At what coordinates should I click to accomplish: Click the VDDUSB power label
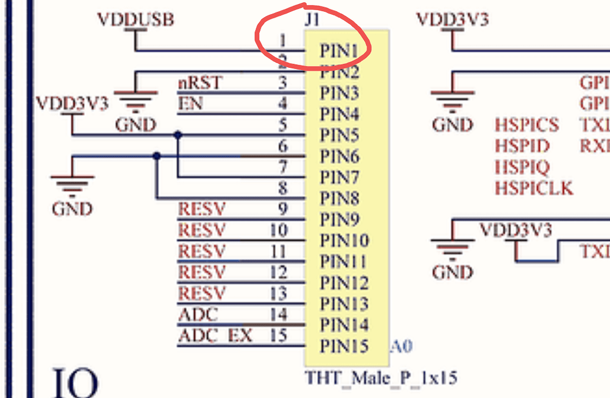pos(136,19)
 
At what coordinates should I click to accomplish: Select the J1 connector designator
pos(312,19)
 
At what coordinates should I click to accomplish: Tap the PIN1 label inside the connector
pos(339,51)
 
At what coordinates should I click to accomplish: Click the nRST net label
pos(200,83)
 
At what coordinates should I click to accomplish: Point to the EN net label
pos(190,104)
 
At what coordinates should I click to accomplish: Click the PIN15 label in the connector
pos(344,346)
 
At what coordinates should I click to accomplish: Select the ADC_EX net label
pos(215,335)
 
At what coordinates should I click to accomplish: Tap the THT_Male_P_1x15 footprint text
pos(380,377)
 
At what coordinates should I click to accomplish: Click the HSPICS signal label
pos(526,125)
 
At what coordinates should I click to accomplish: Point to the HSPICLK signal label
pos(534,188)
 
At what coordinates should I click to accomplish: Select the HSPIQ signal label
pos(522,167)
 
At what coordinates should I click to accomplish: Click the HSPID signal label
pos(522,146)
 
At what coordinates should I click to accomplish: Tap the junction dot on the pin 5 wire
pos(178,135)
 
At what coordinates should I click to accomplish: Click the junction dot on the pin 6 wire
pos(156,156)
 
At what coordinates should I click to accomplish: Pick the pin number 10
pos(278,230)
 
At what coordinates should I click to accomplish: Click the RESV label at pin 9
pos(202,209)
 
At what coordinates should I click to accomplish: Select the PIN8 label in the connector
pos(339,198)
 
